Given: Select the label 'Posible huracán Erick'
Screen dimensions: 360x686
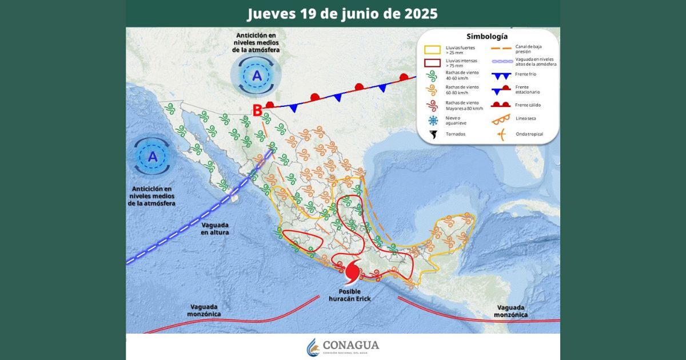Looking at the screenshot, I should coord(350,294).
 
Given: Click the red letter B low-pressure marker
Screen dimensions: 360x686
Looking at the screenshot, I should coord(258,109).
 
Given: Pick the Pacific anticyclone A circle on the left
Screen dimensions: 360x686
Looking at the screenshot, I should coord(153,156).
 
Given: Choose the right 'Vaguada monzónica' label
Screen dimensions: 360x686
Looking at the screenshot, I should coord(511,310).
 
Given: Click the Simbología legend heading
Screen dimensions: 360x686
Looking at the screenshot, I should coord(486,37).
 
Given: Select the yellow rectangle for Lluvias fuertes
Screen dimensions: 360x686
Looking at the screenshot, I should coord(432,50).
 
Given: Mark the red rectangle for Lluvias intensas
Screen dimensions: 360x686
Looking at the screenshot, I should coord(432,64).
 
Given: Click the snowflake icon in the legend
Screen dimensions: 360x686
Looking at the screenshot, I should coord(433,120).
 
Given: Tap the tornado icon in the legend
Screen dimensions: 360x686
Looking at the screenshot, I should coord(433,134).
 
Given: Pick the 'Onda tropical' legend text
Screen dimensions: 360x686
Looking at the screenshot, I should coord(529,134).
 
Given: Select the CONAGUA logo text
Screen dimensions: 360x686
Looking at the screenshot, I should coord(350,345).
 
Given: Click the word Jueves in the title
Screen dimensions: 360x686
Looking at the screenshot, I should coord(270,13).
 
